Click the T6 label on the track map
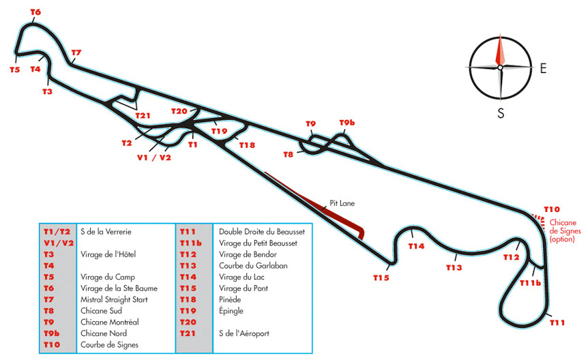tap(35, 12)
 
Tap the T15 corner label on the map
tap(381, 278)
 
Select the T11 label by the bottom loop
tap(557, 322)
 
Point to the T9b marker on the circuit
tap(347, 123)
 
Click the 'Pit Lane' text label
tap(342, 203)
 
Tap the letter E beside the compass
tap(543, 68)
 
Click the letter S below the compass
tap(501, 113)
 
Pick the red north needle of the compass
tap(500, 50)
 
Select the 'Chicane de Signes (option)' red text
tap(565, 230)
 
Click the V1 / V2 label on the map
tap(154, 157)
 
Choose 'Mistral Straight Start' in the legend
tap(114, 299)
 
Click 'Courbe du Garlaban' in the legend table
tap(253, 266)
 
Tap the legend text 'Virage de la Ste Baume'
tap(119, 288)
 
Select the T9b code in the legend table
tap(52, 333)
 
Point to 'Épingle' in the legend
tap(231, 311)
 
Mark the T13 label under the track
tap(454, 267)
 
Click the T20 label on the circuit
tap(179, 111)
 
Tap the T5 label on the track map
tap(14, 70)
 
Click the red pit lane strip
tap(316, 204)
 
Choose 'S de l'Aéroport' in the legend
tap(244, 333)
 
